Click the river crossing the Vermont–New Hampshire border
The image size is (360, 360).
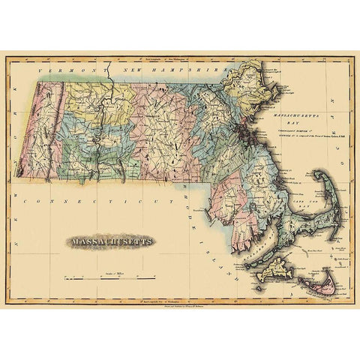[110, 76]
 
